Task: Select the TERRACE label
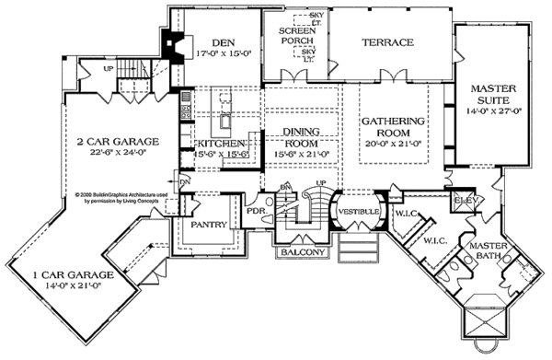coord(386,42)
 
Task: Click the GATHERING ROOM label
coord(393,127)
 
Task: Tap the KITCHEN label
coord(220,144)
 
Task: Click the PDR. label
coord(256,211)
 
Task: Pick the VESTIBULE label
coord(353,211)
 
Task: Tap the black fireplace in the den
coord(168,43)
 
